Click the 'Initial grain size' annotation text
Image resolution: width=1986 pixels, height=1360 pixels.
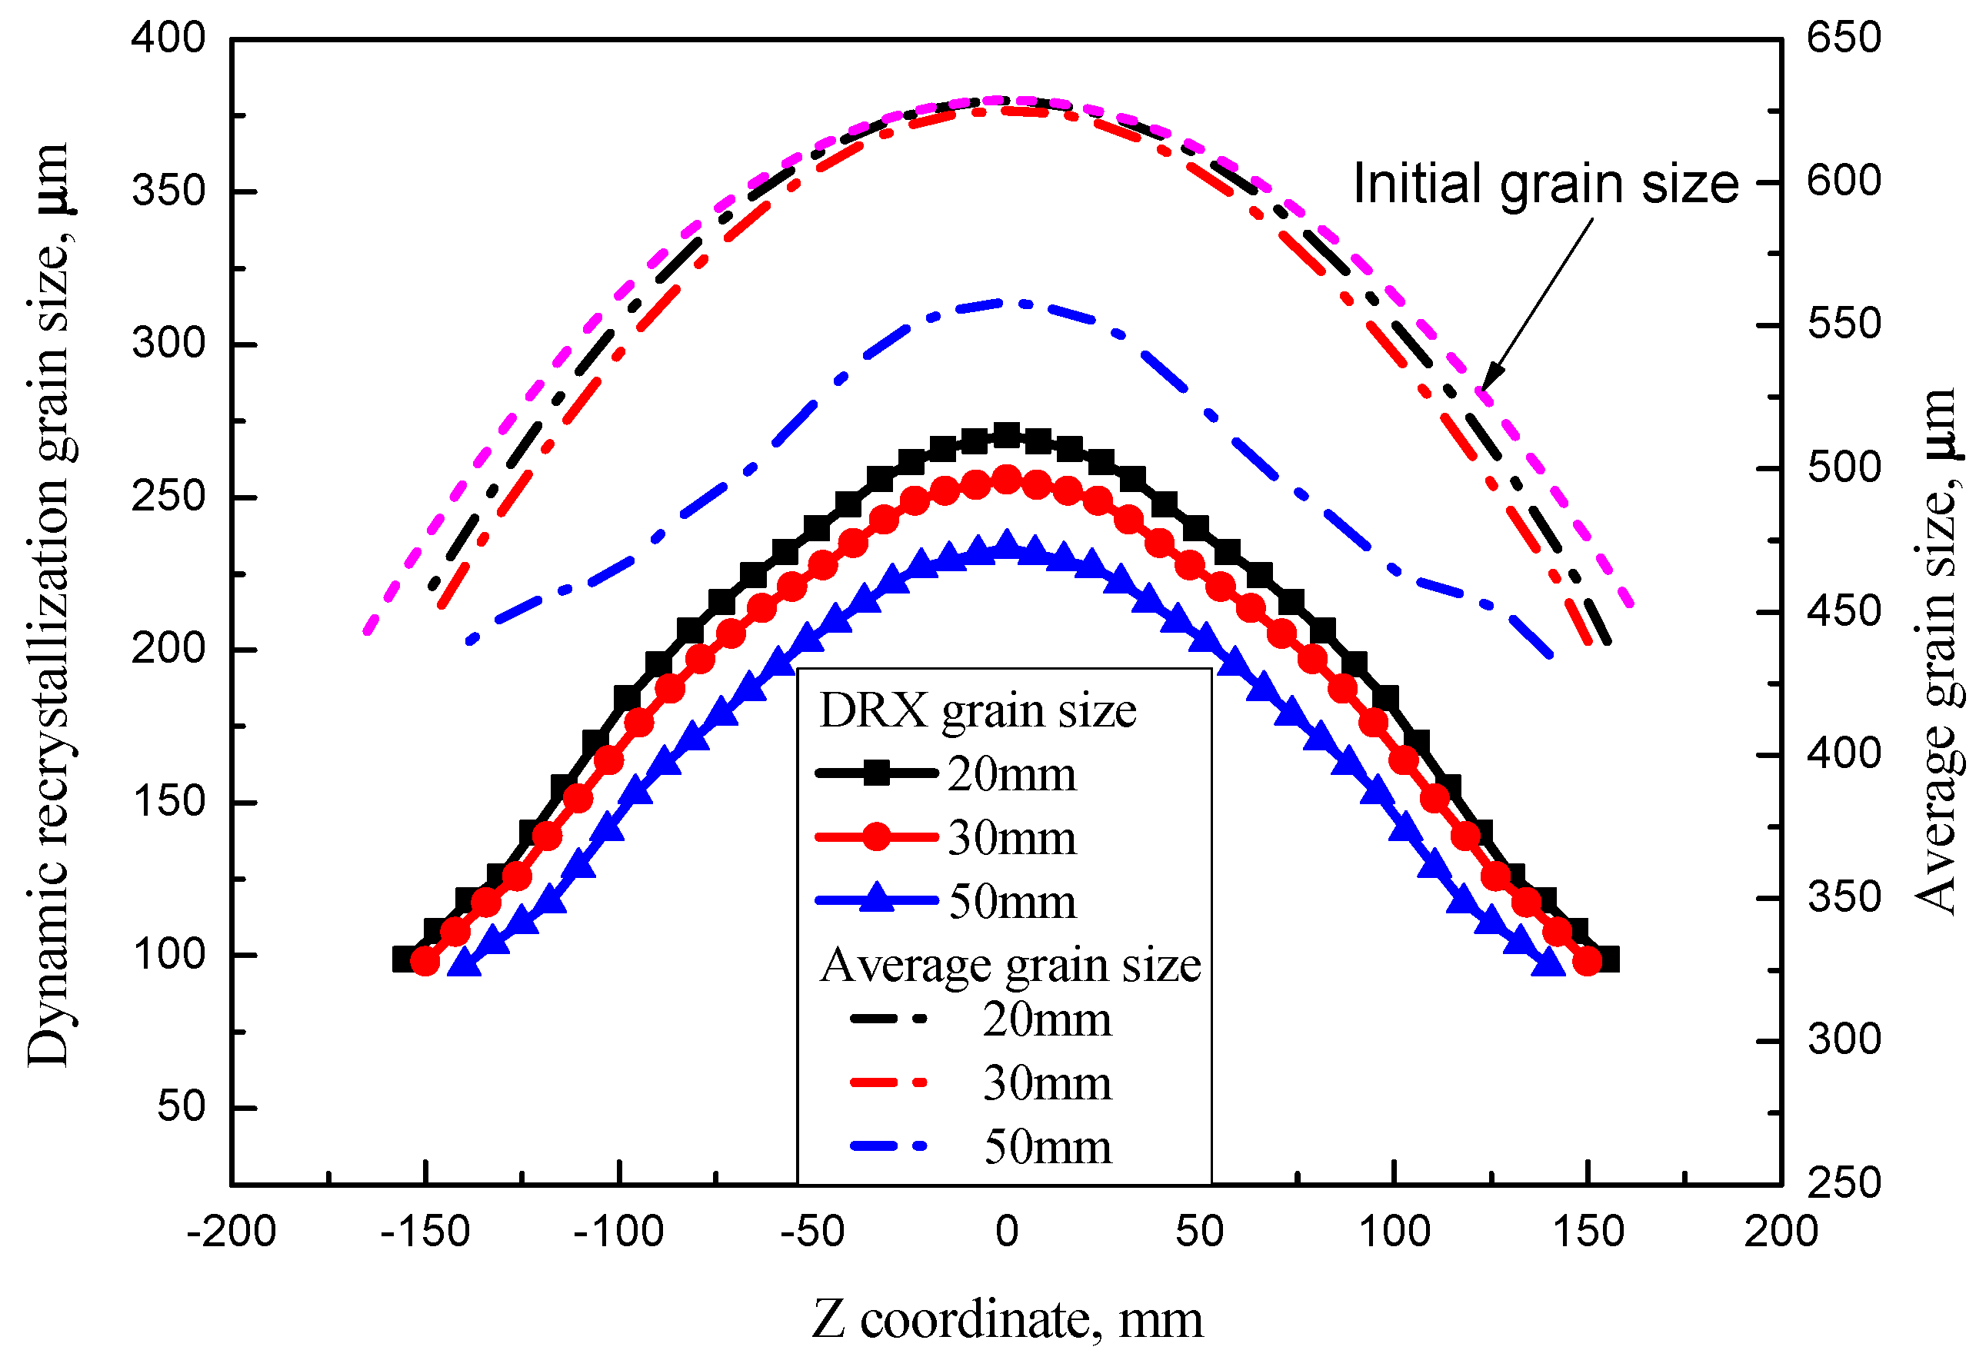point(1545,185)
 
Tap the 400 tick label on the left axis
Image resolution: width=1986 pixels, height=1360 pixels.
point(168,38)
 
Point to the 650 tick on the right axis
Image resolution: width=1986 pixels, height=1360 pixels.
point(1843,38)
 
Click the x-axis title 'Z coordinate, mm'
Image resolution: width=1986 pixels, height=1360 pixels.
point(1007,1320)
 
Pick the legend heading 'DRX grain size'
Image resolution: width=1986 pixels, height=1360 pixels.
point(977,711)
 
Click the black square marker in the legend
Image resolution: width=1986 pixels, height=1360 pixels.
point(877,774)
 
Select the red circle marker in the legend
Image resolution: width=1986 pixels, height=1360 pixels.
point(877,837)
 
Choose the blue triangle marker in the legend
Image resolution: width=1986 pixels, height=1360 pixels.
point(877,899)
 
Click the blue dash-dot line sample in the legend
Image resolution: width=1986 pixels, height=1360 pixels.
point(888,1146)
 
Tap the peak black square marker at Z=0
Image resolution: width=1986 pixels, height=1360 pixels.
point(1008,436)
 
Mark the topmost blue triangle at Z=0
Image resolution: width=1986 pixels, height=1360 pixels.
point(1008,544)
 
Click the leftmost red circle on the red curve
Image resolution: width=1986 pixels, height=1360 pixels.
point(425,962)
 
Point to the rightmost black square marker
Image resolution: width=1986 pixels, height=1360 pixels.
point(1607,959)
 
